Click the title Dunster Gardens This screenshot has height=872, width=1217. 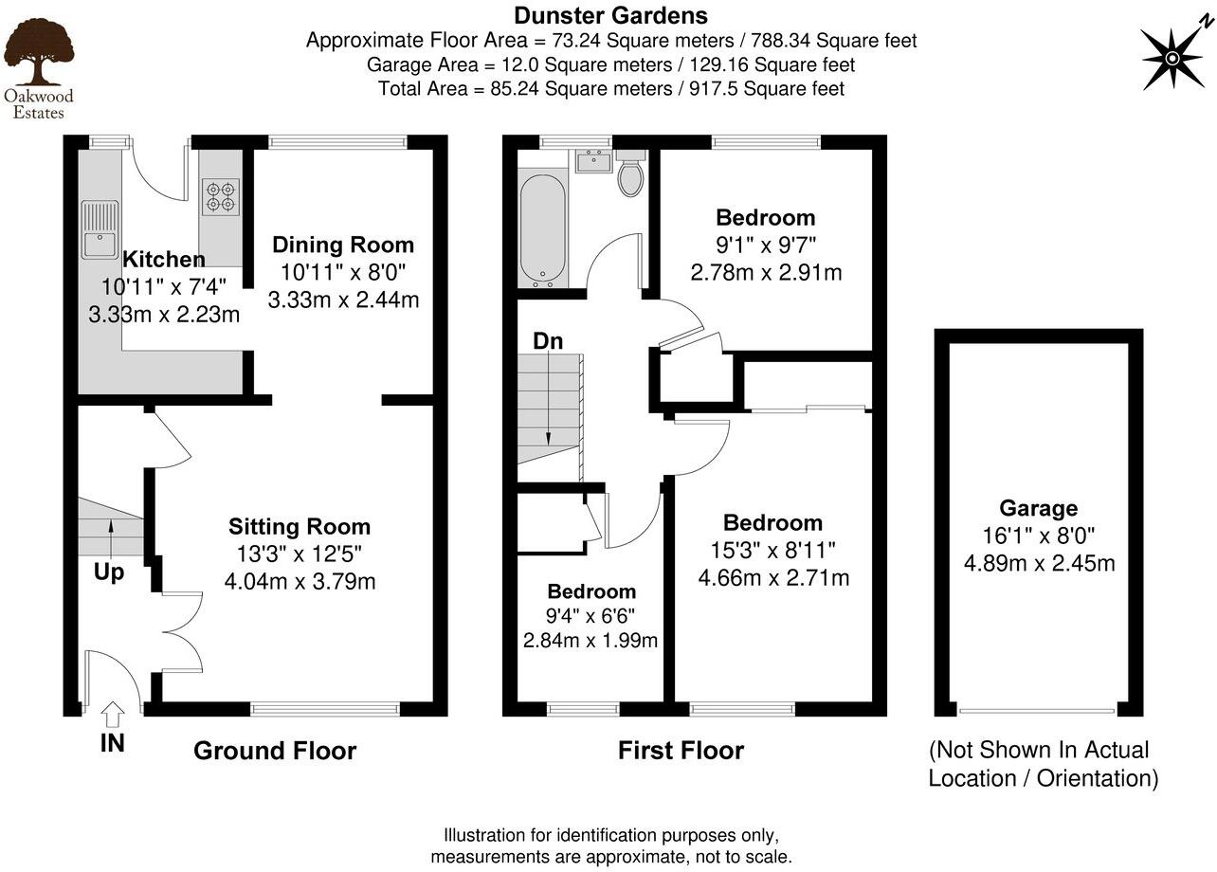coord(610,15)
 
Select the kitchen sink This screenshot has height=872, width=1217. coord(100,230)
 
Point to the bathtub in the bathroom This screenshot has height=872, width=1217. coord(542,227)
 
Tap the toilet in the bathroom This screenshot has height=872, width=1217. coord(629,174)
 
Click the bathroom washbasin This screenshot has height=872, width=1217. coord(594,160)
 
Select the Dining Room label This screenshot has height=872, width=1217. coord(343,245)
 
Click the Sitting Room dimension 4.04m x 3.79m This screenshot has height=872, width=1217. coord(300,580)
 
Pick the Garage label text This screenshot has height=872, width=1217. coord(1039,508)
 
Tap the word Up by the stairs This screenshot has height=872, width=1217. coord(108,572)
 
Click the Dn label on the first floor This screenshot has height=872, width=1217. coord(547,341)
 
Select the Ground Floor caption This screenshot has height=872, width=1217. coord(275,751)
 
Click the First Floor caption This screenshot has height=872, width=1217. coord(681,751)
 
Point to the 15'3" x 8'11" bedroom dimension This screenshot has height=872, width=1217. coord(772,550)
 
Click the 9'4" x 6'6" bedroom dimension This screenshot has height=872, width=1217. coord(590,616)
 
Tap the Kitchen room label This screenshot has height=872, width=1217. coord(164,260)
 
